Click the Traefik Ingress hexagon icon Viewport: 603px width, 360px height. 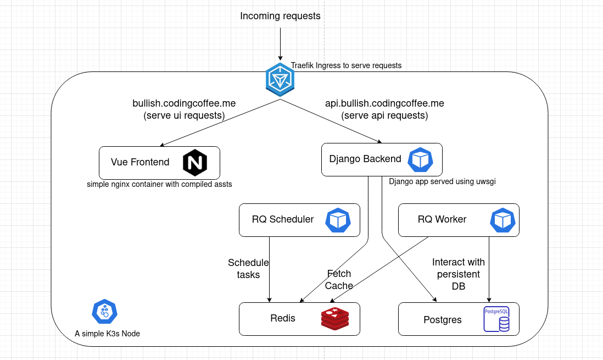click(280, 80)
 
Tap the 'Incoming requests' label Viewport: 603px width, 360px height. click(280, 16)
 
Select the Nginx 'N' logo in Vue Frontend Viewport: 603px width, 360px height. click(194, 162)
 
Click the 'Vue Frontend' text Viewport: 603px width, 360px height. click(140, 162)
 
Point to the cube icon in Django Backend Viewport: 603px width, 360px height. click(421, 159)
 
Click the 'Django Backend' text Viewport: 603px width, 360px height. click(365, 159)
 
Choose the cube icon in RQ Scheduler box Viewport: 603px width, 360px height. click(338, 220)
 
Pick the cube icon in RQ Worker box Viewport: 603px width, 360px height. click(503, 220)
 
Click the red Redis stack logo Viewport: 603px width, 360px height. click(335, 319)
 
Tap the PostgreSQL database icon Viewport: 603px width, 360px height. click(496, 319)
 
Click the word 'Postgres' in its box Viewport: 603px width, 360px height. click(443, 320)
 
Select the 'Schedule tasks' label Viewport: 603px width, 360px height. click(248, 268)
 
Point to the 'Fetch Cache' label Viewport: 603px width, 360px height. click(339, 279)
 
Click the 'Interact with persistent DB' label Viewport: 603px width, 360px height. click(458, 274)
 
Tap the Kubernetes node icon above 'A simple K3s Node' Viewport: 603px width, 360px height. click(104, 312)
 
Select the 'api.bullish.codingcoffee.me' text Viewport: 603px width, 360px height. click(384, 103)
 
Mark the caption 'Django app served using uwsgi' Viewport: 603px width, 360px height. click(442, 181)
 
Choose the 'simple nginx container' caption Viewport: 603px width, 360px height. click(159, 184)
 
